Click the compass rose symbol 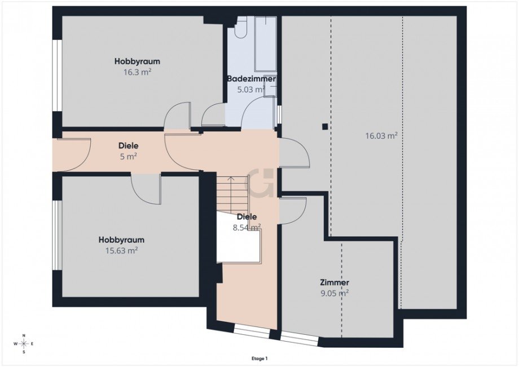click(24, 344)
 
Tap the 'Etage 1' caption click(259, 358)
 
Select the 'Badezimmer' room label click(251, 79)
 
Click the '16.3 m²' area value click(137, 72)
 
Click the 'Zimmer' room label click(334, 282)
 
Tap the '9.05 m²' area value click(334, 293)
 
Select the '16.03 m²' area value click(381, 135)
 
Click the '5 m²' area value click(129, 156)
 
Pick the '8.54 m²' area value click(247, 227)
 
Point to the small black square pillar click(325, 127)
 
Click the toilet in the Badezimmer click(241, 28)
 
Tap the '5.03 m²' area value click(250, 89)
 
